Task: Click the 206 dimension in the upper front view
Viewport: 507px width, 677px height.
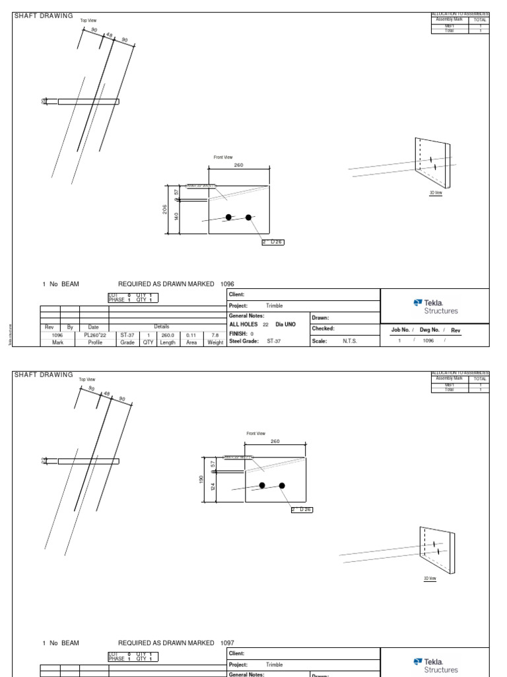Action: (x=165, y=209)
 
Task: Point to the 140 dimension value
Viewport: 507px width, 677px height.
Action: (x=176, y=216)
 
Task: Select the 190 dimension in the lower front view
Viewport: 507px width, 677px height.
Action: (x=202, y=479)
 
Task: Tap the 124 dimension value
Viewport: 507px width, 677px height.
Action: (x=213, y=487)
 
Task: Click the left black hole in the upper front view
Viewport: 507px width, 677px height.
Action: (x=228, y=217)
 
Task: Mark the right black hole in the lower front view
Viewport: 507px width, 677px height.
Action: (x=282, y=485)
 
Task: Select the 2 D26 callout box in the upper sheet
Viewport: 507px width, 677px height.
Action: (x=273, y=242)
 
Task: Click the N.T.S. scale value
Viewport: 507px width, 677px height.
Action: (x=349, y=341)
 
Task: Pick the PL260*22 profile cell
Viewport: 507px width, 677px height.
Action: (x=95, y=335)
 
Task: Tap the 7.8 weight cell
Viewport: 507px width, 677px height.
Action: (x=215, y=335)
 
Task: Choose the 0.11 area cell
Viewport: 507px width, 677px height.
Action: (x=191, y=335)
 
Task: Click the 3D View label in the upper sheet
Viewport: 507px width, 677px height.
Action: (x=436, y=192)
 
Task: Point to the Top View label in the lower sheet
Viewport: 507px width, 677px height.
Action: (x=87, y=379)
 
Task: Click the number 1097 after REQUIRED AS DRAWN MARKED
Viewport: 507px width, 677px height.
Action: (x=226, y=643)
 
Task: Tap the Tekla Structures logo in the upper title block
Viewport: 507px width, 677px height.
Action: (x=435, y=306)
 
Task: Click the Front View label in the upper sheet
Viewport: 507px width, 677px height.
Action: (x=222, y=157)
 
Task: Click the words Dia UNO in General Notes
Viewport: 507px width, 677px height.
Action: (x=287, y=325)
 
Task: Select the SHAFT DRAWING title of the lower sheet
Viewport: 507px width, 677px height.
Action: (x=44, y=375)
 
